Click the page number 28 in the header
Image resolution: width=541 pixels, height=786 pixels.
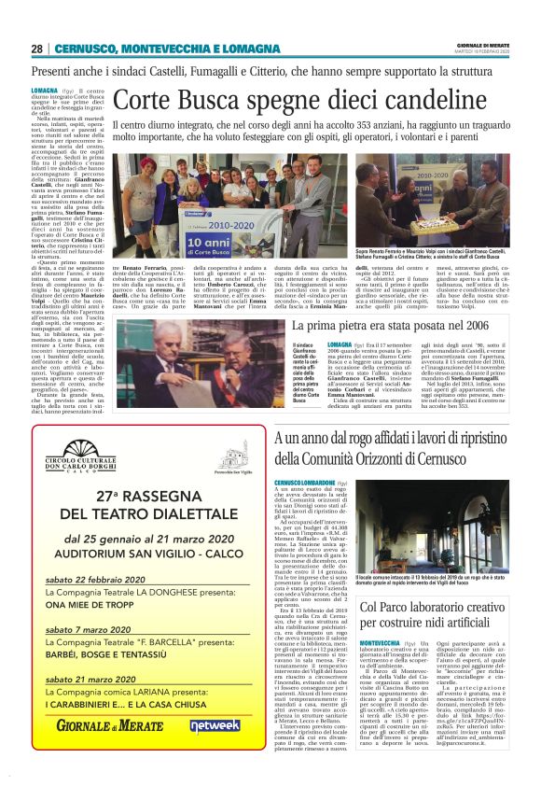(x=36, y=49)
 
